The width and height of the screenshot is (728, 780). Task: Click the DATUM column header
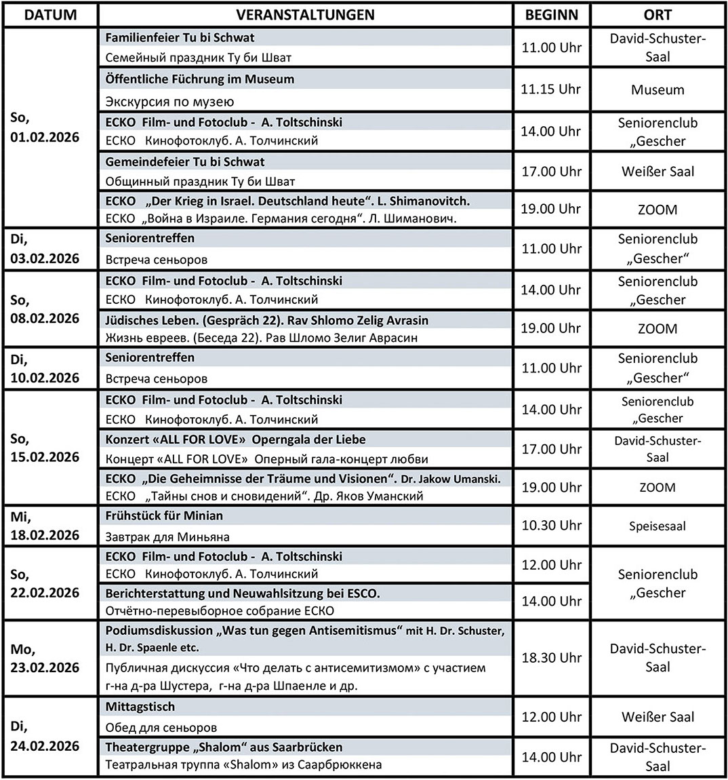(49, 14)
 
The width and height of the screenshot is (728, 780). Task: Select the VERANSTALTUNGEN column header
(306, 14)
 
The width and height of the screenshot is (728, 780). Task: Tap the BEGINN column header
(551, 14)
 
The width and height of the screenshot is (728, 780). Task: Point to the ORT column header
(657, 14)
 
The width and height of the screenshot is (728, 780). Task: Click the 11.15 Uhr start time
(551, 89)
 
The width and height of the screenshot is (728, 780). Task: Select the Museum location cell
(657, 90)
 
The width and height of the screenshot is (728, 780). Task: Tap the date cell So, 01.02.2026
(45, 128)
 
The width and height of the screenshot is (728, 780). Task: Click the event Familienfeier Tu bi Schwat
(180, 38)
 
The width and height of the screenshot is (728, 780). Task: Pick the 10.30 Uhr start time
(551, 525)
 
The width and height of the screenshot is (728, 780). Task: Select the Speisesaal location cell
(657, 526)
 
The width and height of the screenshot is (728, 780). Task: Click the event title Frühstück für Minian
(164, 515)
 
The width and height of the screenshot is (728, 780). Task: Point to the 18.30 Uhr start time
(551, 657)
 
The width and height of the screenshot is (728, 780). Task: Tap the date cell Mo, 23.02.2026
(45, 658)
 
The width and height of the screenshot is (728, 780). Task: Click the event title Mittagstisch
(140, 707)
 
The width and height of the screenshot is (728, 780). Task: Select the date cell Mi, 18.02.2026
(45, 525)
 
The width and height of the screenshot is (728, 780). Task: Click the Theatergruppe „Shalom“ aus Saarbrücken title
(224, 747)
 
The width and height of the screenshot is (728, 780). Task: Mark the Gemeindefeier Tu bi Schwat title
(185, 161)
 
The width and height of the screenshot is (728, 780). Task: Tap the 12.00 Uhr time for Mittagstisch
(551, 717)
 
